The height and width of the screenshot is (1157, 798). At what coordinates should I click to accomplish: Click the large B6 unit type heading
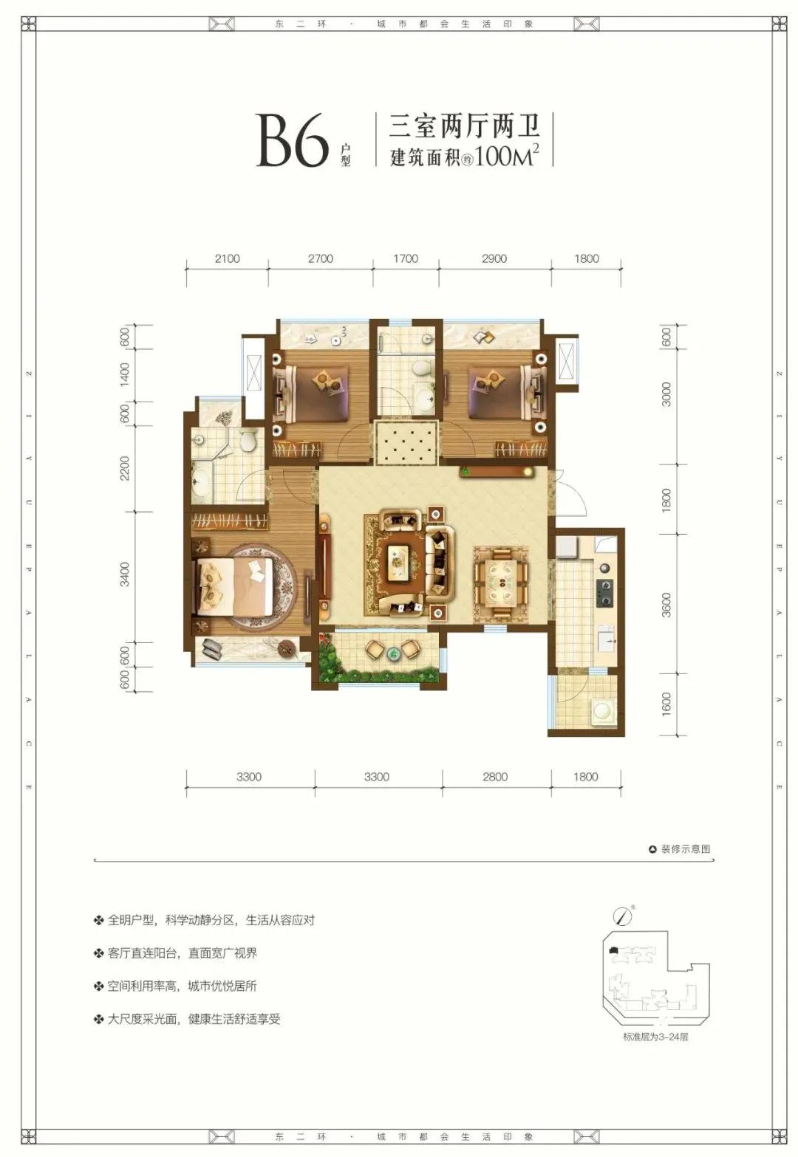(x=292, y=140)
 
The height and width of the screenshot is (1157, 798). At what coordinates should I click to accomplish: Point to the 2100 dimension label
(x=227, y=258)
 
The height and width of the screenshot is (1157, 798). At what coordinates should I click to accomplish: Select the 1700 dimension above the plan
(x=406, y=258)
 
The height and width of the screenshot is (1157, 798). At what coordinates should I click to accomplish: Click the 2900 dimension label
(x=494, y=258)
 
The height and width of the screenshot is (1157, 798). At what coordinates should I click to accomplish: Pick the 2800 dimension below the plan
(x=495, y=777)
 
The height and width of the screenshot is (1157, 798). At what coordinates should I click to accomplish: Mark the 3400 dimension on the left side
(x=125, y=574)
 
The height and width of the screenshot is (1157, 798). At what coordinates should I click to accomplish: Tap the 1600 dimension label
(x=666, y=704)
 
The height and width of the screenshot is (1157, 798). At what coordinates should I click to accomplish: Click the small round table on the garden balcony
(x=394, y=651)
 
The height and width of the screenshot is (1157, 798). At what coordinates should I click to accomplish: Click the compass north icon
(x=624, y=916)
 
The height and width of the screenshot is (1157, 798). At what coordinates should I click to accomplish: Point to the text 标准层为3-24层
(x=655, y=1037)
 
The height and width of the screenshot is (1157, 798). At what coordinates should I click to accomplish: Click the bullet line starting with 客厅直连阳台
(x=182, y=953)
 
